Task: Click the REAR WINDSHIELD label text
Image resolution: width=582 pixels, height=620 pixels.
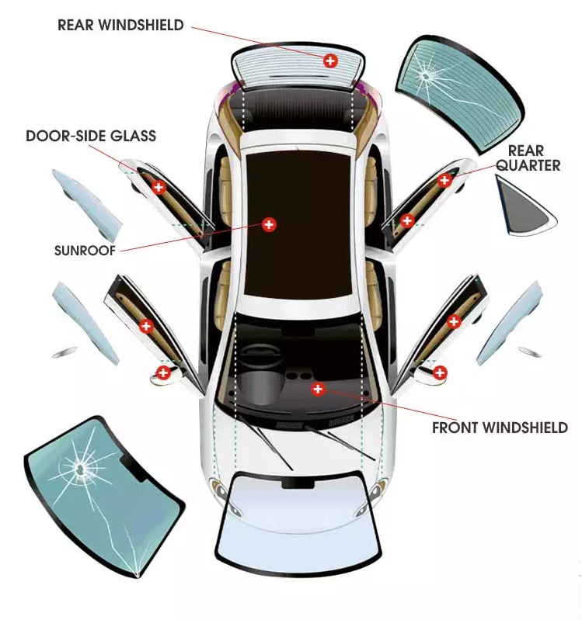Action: [120, 25]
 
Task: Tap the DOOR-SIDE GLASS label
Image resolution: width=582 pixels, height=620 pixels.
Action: [91, 136]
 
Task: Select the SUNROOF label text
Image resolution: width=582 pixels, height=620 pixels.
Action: [85, 251]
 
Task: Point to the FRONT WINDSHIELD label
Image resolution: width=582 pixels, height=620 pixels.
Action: [500, 428]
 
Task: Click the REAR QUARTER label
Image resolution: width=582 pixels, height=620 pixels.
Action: [528, 158]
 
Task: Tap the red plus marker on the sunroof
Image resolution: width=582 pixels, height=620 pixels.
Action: [269, 224]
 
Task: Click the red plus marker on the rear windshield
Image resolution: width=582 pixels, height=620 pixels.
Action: [330, 61]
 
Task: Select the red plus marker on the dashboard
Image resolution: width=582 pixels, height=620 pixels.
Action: [318, 389]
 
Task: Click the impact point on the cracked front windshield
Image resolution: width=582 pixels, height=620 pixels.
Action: [81, 469]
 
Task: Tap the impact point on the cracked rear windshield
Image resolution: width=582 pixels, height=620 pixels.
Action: [425, 75]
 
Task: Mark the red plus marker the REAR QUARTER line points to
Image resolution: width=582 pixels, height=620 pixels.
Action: [444, 181]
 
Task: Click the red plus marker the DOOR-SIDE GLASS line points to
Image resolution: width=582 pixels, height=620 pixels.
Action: [159, 187]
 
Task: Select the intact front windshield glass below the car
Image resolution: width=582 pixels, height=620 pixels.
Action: [298, 523]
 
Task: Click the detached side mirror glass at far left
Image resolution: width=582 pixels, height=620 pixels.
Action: [64, 352]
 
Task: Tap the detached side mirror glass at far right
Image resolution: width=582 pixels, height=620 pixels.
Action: [530, 352]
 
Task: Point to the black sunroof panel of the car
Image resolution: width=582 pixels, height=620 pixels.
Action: [298, 223]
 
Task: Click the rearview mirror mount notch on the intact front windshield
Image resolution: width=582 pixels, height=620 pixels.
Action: [298, 483]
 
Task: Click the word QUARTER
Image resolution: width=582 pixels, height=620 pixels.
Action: [528, 165]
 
